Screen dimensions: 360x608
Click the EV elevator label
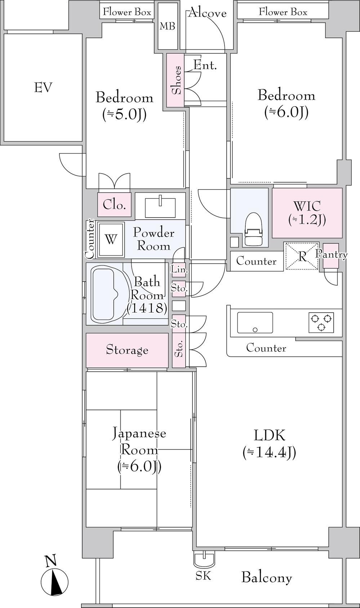pos(43,88)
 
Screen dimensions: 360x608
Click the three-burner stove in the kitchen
pos(321,322)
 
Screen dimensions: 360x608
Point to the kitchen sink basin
pos(255,322)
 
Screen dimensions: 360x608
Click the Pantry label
pos(331,255)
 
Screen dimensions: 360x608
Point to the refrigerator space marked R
pos(301,256)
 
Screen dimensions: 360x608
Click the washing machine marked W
pos(111,240)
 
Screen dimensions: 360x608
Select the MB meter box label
pos(167,26)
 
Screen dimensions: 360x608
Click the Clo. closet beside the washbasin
pos(114,205)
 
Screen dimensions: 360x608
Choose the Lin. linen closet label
pos(179,270)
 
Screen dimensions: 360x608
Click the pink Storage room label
pos(127,350)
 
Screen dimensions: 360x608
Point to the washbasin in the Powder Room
pos(160,207)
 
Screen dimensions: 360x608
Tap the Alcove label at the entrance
pos(207,13)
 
